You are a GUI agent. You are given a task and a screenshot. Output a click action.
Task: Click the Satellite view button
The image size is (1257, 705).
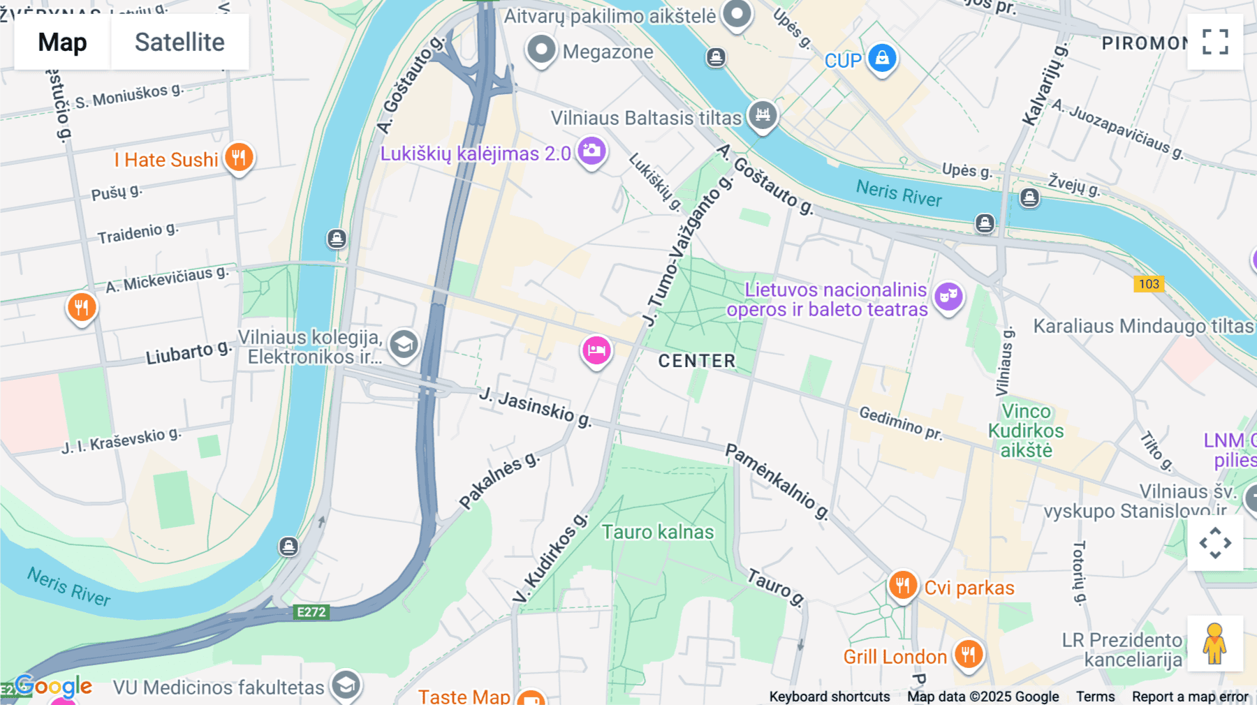tap(179, 42)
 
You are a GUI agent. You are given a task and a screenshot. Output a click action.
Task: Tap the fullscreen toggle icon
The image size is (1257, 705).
tap(1215, 42)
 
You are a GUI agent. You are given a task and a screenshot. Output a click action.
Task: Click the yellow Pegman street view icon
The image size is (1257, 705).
tap(1215, 644)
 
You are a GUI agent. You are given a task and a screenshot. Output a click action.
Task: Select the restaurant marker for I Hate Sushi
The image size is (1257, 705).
tap(239, 157)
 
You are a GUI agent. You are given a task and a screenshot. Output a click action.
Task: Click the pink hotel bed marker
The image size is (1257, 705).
tap(596, 350)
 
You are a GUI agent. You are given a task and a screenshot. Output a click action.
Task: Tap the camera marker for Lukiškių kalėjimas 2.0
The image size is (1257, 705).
tap(591, 151)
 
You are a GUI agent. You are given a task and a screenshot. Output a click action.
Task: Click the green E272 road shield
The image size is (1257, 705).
tap(311, 612)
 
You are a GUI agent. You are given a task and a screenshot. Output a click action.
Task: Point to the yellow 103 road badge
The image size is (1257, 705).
tap(1149, 284)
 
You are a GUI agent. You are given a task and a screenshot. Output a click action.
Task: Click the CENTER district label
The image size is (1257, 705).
tap(697, 361)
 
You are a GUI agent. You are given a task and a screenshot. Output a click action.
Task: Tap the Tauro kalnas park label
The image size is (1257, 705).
tap(658, 532)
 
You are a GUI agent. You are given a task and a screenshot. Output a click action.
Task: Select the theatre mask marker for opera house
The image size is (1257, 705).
tap(948, 297)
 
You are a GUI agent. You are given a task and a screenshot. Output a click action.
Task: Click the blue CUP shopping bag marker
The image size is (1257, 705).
tap(882, 58)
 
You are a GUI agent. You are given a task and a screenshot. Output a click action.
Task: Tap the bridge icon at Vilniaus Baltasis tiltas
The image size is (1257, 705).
tap(763, 114)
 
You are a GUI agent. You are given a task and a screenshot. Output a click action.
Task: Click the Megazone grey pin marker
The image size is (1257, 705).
tap(541, 50)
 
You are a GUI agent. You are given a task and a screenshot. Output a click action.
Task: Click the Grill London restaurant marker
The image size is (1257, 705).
tap(969, 654)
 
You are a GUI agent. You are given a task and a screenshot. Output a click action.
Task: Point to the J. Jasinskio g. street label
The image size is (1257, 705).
tap(536, 407)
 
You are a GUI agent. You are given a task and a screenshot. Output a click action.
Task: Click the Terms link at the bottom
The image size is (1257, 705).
tap(1095, 697)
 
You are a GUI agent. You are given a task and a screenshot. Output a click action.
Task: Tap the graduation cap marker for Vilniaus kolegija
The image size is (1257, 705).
tap(404, 344)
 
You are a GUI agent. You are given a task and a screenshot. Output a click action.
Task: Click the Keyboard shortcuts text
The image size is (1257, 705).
tap(829, 697)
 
